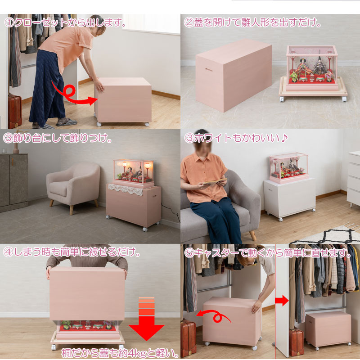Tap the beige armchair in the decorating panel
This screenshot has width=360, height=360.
73,184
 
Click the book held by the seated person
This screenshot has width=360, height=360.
213,182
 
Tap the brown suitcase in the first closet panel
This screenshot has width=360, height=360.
15,110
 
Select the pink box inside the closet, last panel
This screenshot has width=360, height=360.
328,328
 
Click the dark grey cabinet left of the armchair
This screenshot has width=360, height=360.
13,180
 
